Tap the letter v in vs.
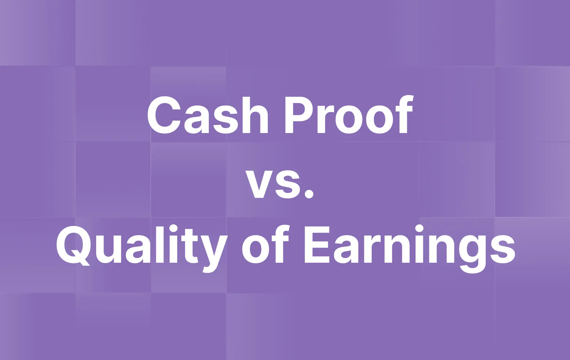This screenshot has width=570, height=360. click(x=259, y=184)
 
